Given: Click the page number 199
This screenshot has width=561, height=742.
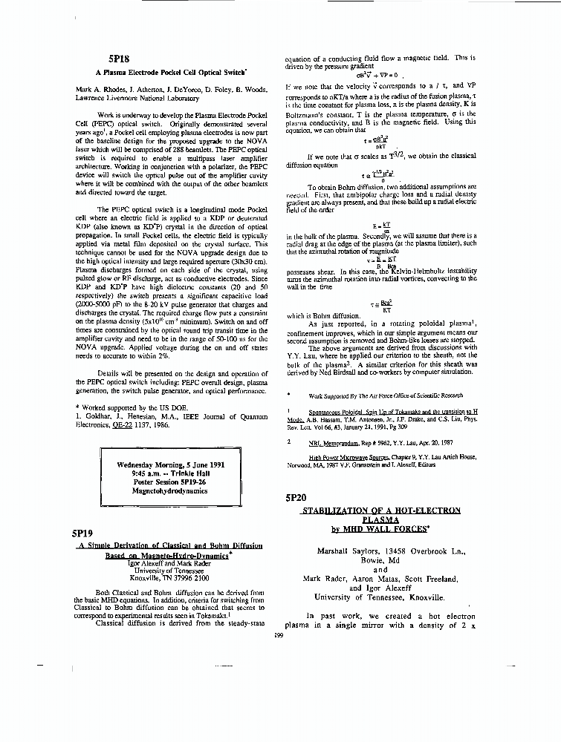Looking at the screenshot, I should pyautogui.click(x=279, y=634).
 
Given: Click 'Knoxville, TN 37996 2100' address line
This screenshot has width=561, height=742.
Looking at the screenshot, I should pyautogui.click(x=169, y=577).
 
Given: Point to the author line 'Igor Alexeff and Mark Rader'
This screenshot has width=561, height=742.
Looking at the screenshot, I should pyautogui.click(x=169, y=563).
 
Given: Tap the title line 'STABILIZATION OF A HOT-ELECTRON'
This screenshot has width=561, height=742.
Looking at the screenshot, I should pyautogui.click(x=381, y=510).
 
